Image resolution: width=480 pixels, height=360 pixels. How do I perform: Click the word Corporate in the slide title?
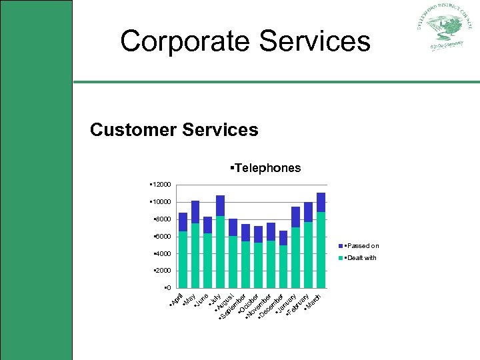pos(185,41)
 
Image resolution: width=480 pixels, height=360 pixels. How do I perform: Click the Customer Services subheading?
pos(174,129)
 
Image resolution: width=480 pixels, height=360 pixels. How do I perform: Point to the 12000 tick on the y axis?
pos(161,184)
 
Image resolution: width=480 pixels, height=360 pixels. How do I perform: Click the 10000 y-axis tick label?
pos(161,201)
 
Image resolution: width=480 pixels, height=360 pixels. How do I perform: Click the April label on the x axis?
pos(176,301)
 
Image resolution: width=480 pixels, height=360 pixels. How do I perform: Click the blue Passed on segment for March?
pos(321,202)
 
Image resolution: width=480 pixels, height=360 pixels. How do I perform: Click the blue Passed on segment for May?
pos(195,212)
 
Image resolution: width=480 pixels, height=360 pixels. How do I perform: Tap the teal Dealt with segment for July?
pos(220,252)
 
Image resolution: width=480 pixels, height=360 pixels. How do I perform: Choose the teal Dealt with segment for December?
pos(271,264)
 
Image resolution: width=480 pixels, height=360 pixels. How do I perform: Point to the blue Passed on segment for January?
pos(283,238)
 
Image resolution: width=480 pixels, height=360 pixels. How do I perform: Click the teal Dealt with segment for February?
pos(308,255)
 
